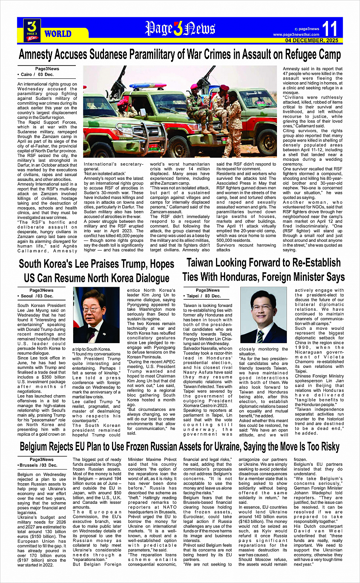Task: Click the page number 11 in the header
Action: [329, 29]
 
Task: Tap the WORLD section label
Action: [58, 34]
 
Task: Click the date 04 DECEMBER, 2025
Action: [312, 40]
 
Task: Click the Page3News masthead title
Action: [180, 29]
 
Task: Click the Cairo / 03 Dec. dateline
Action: [36, 75]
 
